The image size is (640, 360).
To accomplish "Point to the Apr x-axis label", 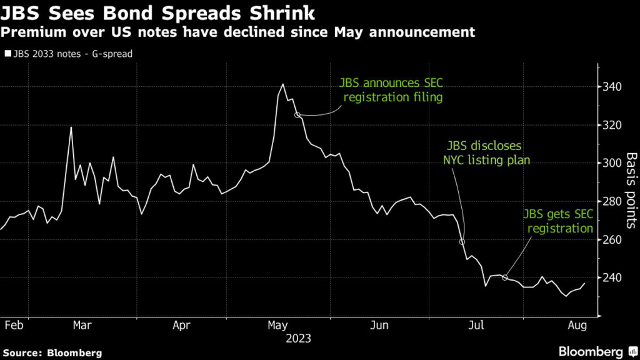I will coord(181,325).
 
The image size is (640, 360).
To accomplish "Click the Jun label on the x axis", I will coord(379,325).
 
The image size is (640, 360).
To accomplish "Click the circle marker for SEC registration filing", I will coord(297,114).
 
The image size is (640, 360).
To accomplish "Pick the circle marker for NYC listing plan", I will coord(462,242).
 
